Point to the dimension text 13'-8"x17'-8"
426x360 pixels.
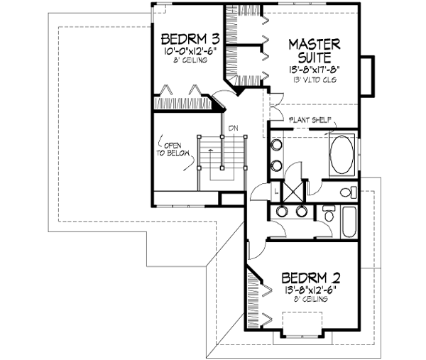tap(314, 70)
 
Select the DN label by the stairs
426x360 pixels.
tap(232, 128)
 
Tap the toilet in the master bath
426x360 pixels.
tap(346, 192)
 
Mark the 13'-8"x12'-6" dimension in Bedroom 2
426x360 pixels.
tap(308, 289)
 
